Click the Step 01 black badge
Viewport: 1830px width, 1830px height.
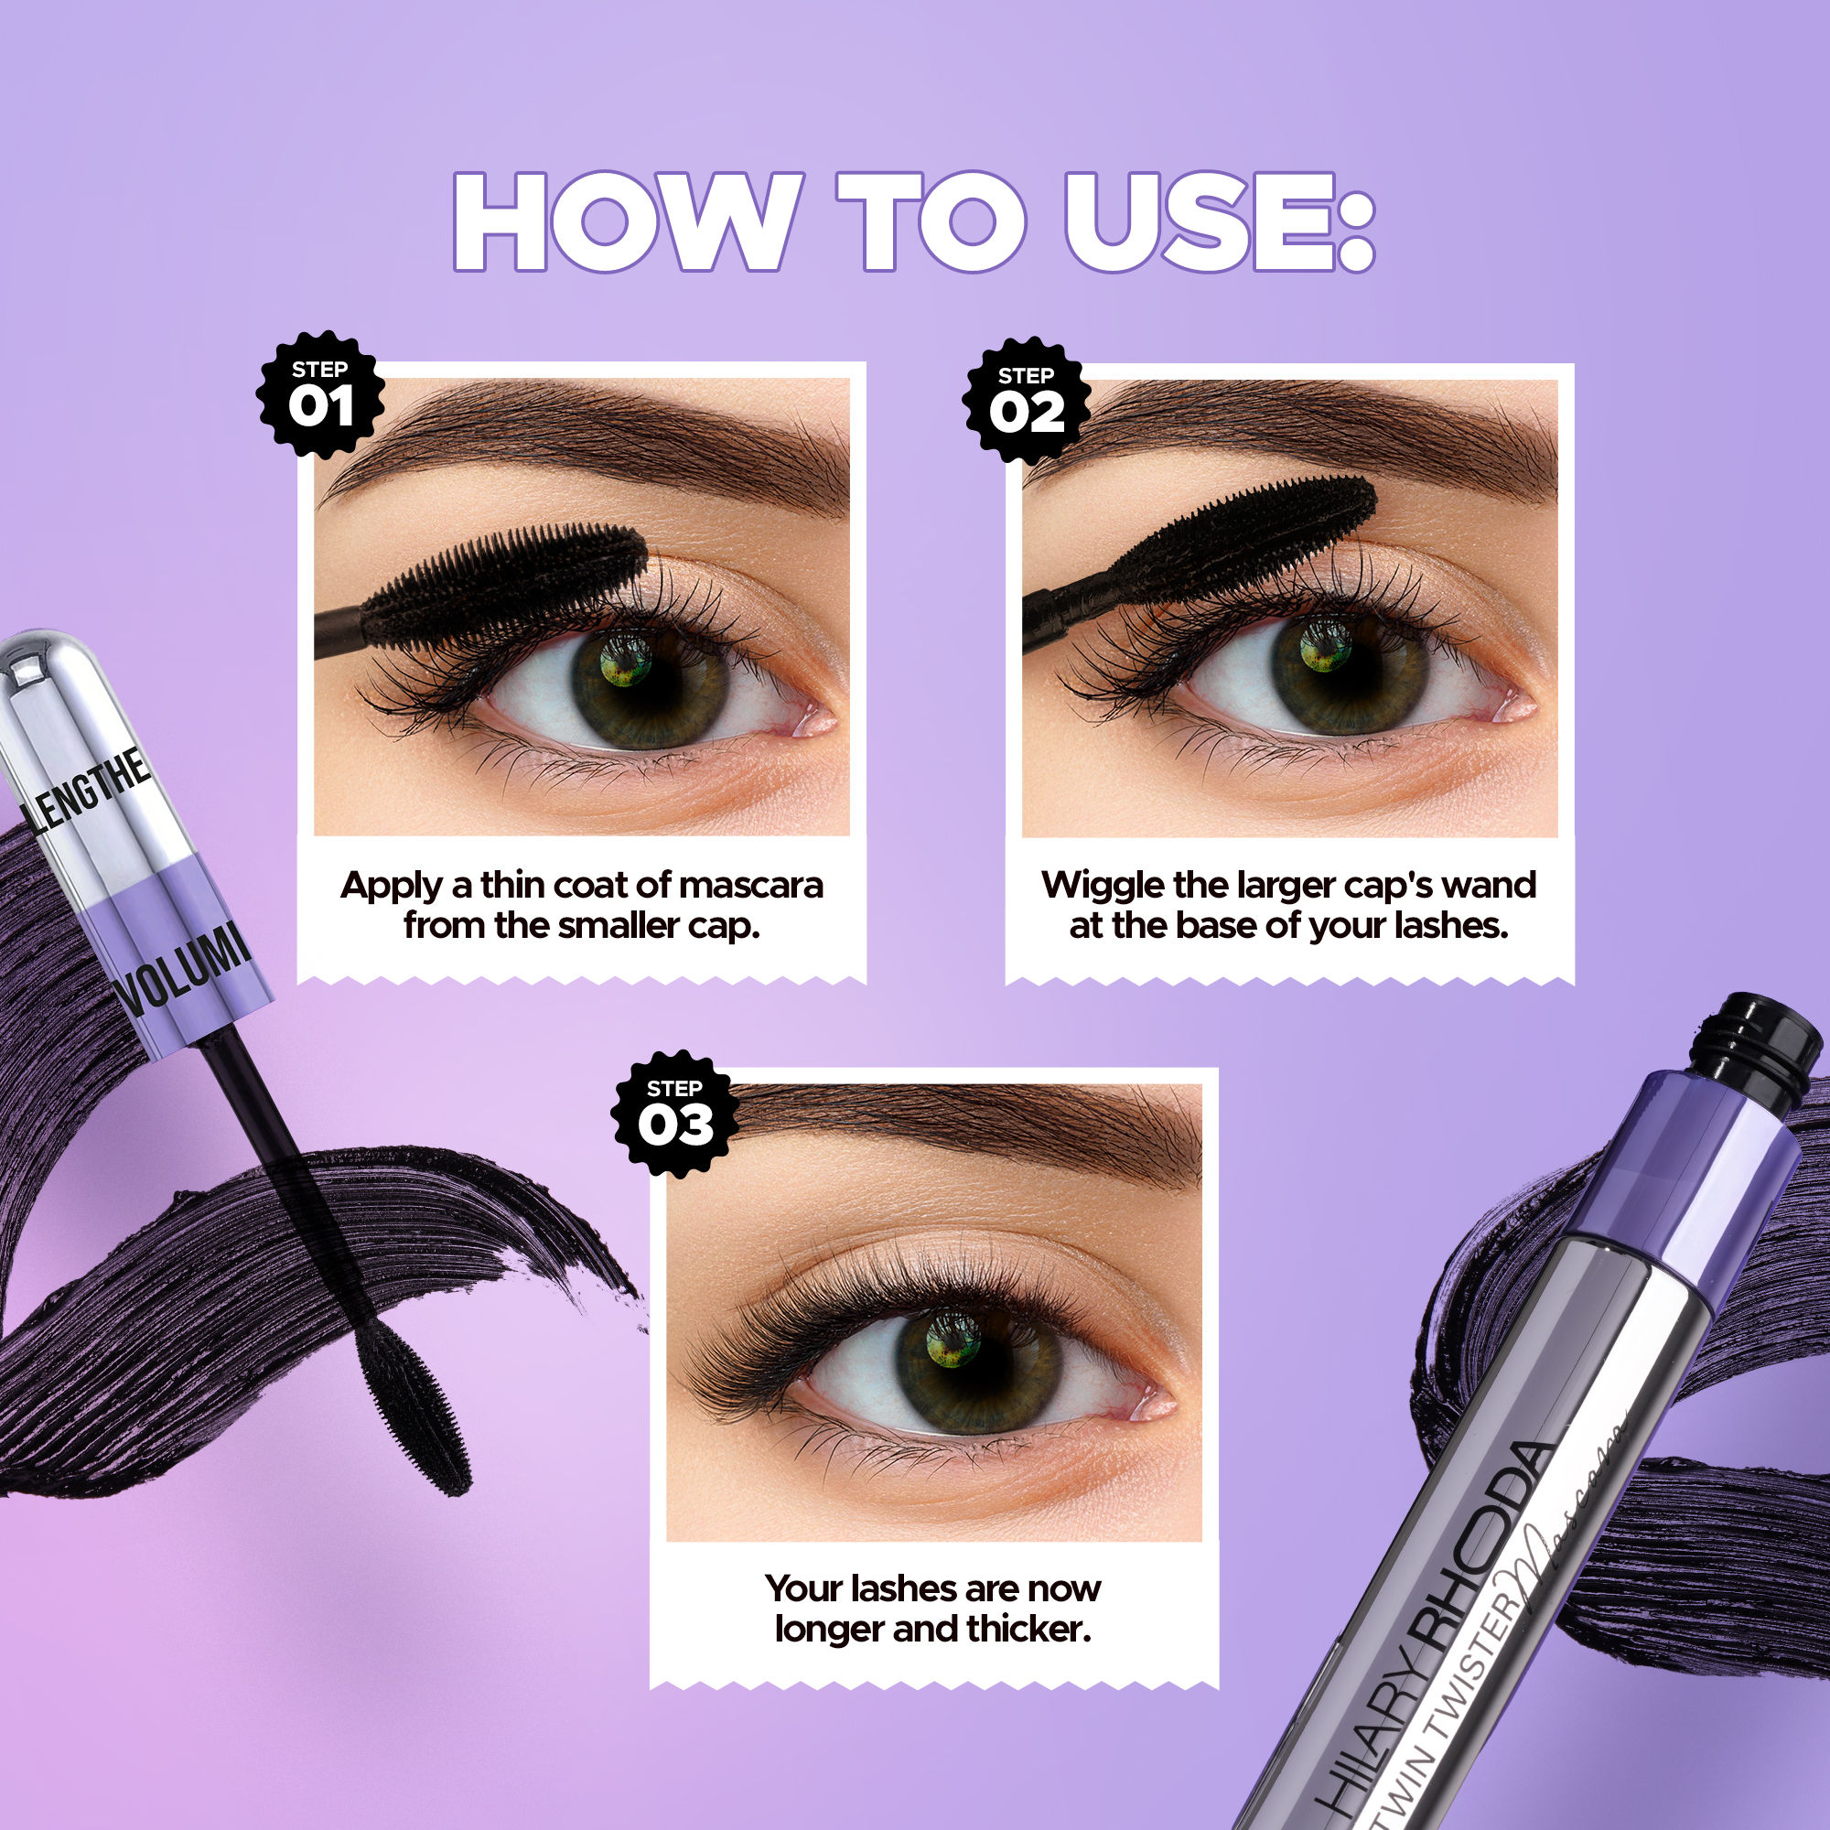pyautogui.click(x=320, y=395)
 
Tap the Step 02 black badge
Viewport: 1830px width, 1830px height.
pyautogui.click(x=1026, y=401)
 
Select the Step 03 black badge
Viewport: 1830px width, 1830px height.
pyautogui.click(x=674, y=1114)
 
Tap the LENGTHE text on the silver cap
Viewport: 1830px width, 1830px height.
pyautogui.click(x=90, y=791)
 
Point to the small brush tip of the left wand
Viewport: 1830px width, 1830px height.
pyautogui.click(x=416, y=1411)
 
